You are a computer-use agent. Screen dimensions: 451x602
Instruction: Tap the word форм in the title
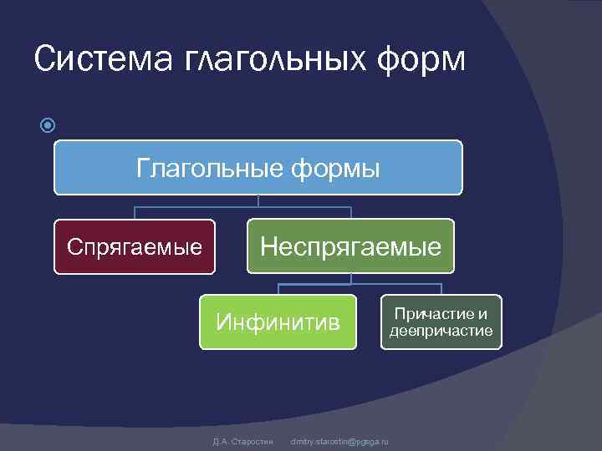point(421,60)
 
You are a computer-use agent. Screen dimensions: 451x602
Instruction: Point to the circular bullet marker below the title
point(48,126)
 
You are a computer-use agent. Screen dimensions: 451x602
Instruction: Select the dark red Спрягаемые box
point(135,247)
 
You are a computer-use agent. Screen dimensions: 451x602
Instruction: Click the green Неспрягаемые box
point(350,246)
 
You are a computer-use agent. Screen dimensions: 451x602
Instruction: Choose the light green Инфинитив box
point(278,322)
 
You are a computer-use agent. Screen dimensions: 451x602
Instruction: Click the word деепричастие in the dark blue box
point(441,332)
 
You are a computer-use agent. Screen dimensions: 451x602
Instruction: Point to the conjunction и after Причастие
point(482,314)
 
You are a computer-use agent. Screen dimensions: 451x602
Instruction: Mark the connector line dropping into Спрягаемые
point(135,213)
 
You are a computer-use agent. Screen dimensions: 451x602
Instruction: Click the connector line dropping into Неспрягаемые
point(350,213)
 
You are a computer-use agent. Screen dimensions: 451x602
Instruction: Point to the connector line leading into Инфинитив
point(278,289)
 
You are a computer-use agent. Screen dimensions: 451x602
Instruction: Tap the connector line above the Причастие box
point(441,289)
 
